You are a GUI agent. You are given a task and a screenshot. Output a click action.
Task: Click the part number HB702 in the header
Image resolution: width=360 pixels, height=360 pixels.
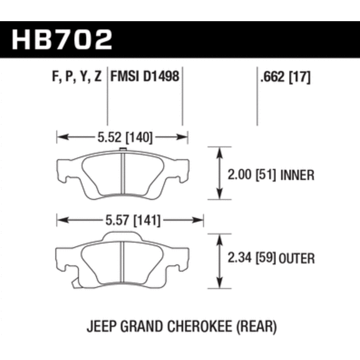coord(62,39)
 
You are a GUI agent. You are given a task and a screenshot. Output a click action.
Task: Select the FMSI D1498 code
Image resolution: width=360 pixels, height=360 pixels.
coord(144,76)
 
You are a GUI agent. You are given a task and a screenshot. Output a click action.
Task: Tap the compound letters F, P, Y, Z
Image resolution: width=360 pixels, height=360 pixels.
coord(77,77)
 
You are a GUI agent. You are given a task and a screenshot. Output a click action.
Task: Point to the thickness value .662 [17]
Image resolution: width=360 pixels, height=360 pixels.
coord(285,77)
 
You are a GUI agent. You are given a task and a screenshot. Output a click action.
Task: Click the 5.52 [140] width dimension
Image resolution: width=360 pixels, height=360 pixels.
coord(125,138)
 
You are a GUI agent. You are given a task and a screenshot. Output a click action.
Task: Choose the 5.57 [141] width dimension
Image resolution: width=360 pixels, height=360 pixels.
coord(133,220)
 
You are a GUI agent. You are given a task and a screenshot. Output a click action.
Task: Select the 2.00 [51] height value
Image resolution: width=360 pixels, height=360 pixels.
coord(252,175)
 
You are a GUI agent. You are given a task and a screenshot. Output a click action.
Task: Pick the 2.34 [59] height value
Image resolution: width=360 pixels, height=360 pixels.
coord(252,258)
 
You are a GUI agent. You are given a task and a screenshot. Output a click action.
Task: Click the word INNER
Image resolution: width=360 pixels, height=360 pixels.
coord(297,175)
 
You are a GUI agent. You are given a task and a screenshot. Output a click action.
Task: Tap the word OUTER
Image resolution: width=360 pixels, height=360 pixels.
coord(296,258)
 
